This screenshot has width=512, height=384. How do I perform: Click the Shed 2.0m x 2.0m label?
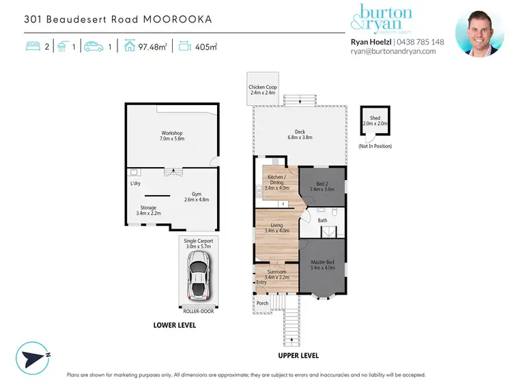[374, 121]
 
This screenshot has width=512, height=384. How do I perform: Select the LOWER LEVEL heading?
[175, 325]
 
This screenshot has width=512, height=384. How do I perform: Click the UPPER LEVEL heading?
[298, 356]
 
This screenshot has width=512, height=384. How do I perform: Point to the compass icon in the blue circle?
[34, 355]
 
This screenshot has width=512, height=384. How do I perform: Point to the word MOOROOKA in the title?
[177, 18]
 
